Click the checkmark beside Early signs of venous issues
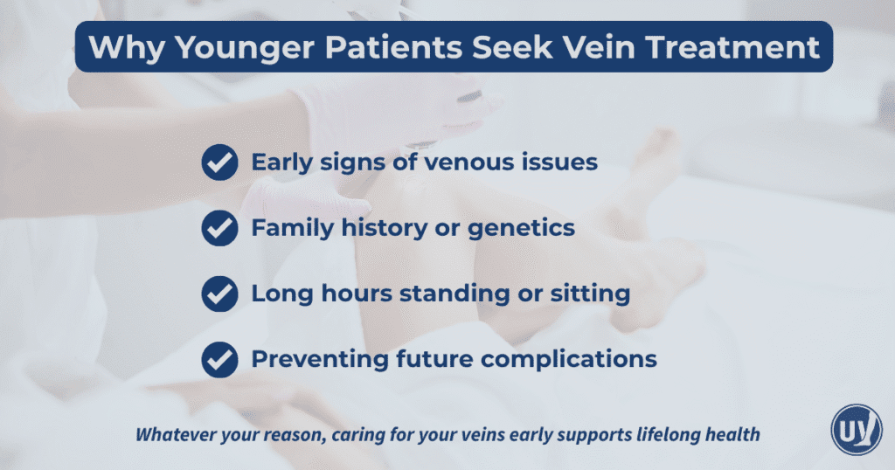[219, 163]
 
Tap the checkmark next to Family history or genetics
[219, 229]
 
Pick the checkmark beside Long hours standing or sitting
[219, 294]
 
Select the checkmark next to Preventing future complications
[219, 359]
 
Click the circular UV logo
[856, 430]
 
